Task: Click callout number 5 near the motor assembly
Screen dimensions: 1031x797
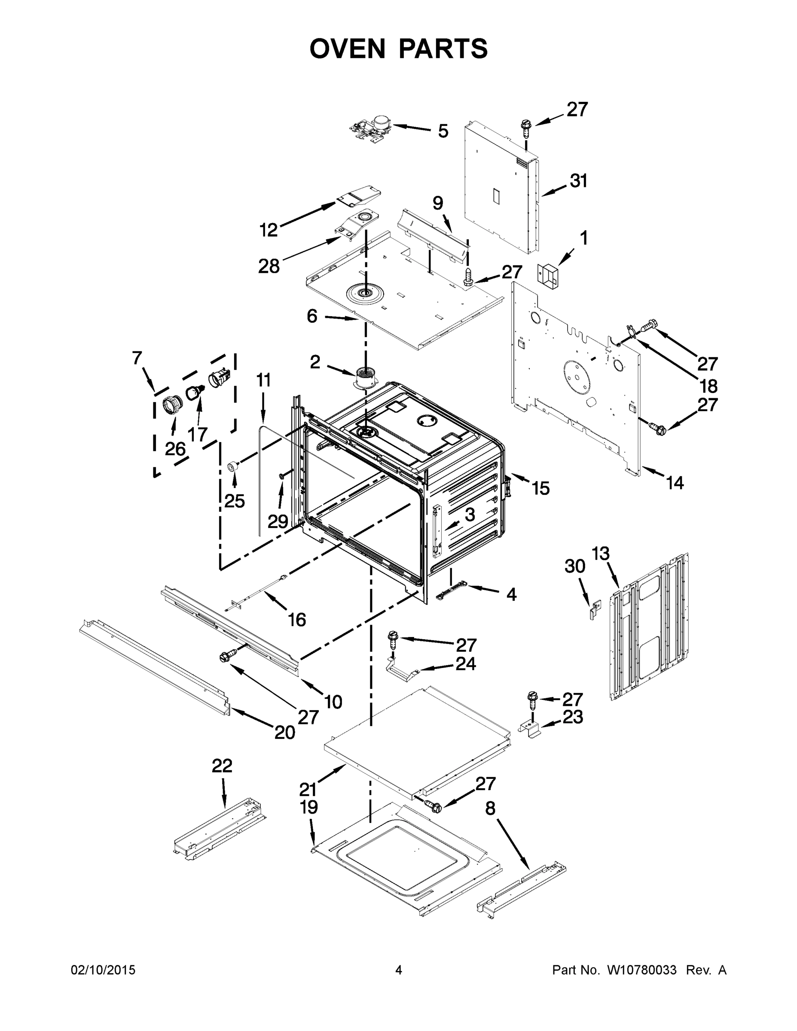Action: tap(443, 131)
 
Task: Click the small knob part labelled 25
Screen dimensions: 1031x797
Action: tap(232, 467)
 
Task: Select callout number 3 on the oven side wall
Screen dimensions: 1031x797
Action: tap(469, 515)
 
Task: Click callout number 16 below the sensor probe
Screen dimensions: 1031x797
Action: tap(297, 619)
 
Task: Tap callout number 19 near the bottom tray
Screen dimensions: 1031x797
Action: tap(309, 807)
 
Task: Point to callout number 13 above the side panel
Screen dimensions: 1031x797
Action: tap(601, 553)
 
